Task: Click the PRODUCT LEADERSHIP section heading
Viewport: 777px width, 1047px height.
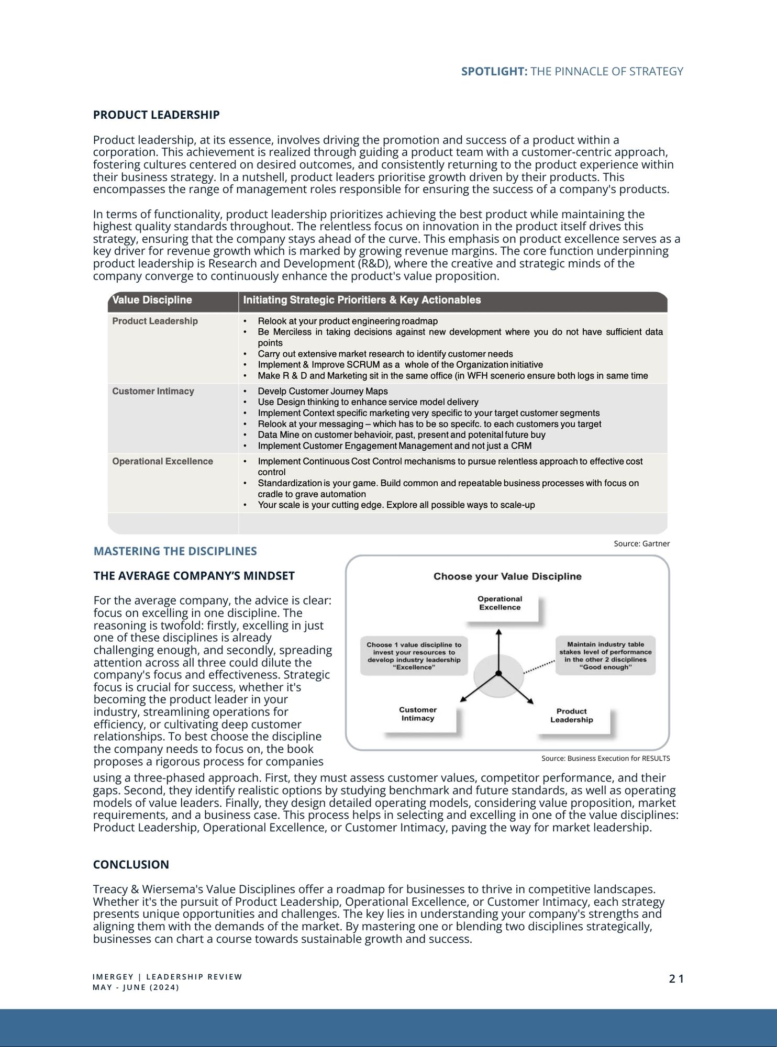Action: pyautogui.click(x=156, y=115)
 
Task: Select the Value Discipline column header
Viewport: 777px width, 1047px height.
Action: pyautogui.click(x=152, y=300)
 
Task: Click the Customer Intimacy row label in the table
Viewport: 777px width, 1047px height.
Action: pyautogui.click(x=153, y=391)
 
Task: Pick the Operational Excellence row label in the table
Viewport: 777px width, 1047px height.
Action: pyautogui.click(x=162, y=461)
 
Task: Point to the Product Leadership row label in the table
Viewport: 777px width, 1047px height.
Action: pyautogui.click(x=155, y=321)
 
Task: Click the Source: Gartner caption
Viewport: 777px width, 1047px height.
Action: pyautogui.click(x=641, y=543)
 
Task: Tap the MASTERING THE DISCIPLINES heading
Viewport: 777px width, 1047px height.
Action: pyautogui.click(x=175, y=551)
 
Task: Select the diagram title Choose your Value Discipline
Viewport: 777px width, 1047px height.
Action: pyautogui.click(x=507, y=576)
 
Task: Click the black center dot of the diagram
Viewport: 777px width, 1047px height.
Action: pyautogui.click(x=498, y=673)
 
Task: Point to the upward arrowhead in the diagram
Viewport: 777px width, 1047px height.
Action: pyautogui.click(x=498, y=632)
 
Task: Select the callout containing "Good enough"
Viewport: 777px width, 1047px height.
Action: pyautogui.click(x=605, y=656)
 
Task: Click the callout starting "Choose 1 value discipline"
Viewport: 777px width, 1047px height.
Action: pyautogui.click(x=414, y=656)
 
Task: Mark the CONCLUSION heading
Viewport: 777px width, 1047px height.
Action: pyautogui.click(x=131, y=864)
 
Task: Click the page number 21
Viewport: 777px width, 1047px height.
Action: pyautogui.click(x=676, y=978)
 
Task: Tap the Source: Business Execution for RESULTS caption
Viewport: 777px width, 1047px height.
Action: pyautogui.click(x=605, y=758)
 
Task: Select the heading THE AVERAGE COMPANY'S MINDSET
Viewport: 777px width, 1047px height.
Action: pyautogui.click(x=194, y=576)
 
